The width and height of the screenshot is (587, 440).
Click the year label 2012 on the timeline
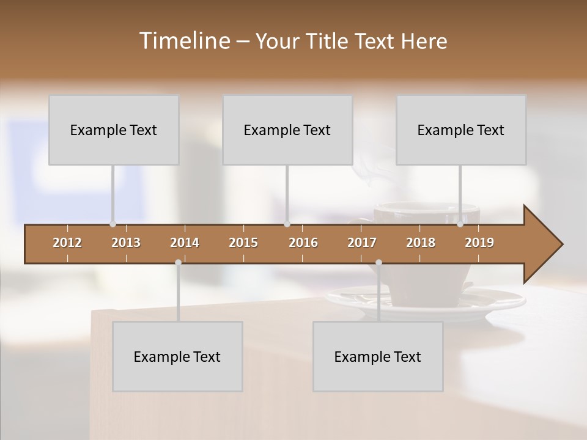pyautogui.click(x=67, y=243)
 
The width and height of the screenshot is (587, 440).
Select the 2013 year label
pyautogui.click(x=126, y=243)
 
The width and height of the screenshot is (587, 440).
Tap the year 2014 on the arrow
pyautogui.click(x=185, y=243)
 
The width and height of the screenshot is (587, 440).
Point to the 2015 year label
pyautogui.click(x=243, y=243)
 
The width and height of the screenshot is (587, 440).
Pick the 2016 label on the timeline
pyautogui.click(x=303, y=243)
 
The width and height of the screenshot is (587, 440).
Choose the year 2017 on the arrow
pyautogui.click(x=362, y=243)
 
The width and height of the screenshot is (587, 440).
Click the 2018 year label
pyautogui.click(x=421, y=243)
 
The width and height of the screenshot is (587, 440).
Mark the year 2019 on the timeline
pyautogui.click(x=479, y=243)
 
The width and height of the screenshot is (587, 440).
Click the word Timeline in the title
pyautogui.click(x=183, y=41)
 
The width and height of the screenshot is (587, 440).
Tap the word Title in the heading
pyautogui.click(x=330, y=41)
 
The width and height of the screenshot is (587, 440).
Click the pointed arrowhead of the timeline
pyautogui.click(x=544, y=244)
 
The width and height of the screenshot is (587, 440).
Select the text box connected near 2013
pyautogui.click(x=114, y=130)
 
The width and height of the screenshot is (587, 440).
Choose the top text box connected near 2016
pyautogui.click(x=287, y=130)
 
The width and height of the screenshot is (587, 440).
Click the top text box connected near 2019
pyautogui.click(x=461, y=130)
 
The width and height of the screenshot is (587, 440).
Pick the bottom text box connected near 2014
pyautogui.click(x=177, y=356)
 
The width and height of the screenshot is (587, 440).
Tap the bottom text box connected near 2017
pyautogui.click(x=378, y=356)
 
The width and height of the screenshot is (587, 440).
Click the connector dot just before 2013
pyautogui.click(x=113, y=224)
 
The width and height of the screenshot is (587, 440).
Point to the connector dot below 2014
pyautogui.click(x=178, y=263)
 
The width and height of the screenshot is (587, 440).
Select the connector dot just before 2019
pyautogui.click(x=460, y=224)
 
